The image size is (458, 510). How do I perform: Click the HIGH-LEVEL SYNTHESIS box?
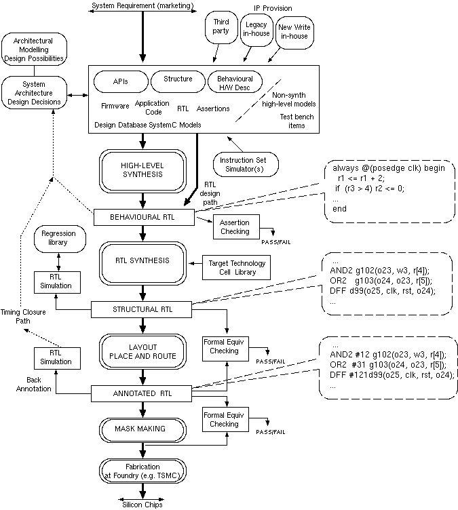(x=142, y=170)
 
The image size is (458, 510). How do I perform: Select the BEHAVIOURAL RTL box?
(x=142, y=217)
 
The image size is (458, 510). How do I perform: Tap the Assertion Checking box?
(x=235, y=227)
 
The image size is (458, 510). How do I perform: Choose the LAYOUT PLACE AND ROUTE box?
(x=142, y=351)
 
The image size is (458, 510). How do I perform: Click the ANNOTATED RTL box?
(x=142, y=393)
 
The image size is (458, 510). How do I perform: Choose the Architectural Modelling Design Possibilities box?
(x=34, y=50)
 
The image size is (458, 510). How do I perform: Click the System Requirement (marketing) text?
(x=142, y=6)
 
